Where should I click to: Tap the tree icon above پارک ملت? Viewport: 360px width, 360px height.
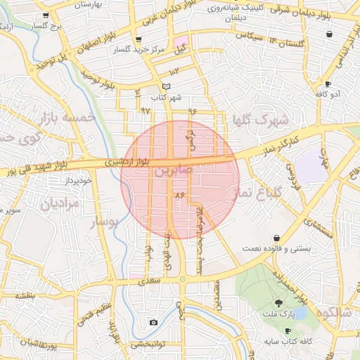(279, 304)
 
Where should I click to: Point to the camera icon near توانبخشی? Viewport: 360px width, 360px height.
(153, 323)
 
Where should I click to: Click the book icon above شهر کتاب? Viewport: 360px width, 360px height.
(166, 86)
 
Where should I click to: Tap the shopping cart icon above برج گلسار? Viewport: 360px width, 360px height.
(46, 15)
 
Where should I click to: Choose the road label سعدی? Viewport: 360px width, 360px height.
(151, 281)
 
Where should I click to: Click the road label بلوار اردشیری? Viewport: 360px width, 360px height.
(127, 162)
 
